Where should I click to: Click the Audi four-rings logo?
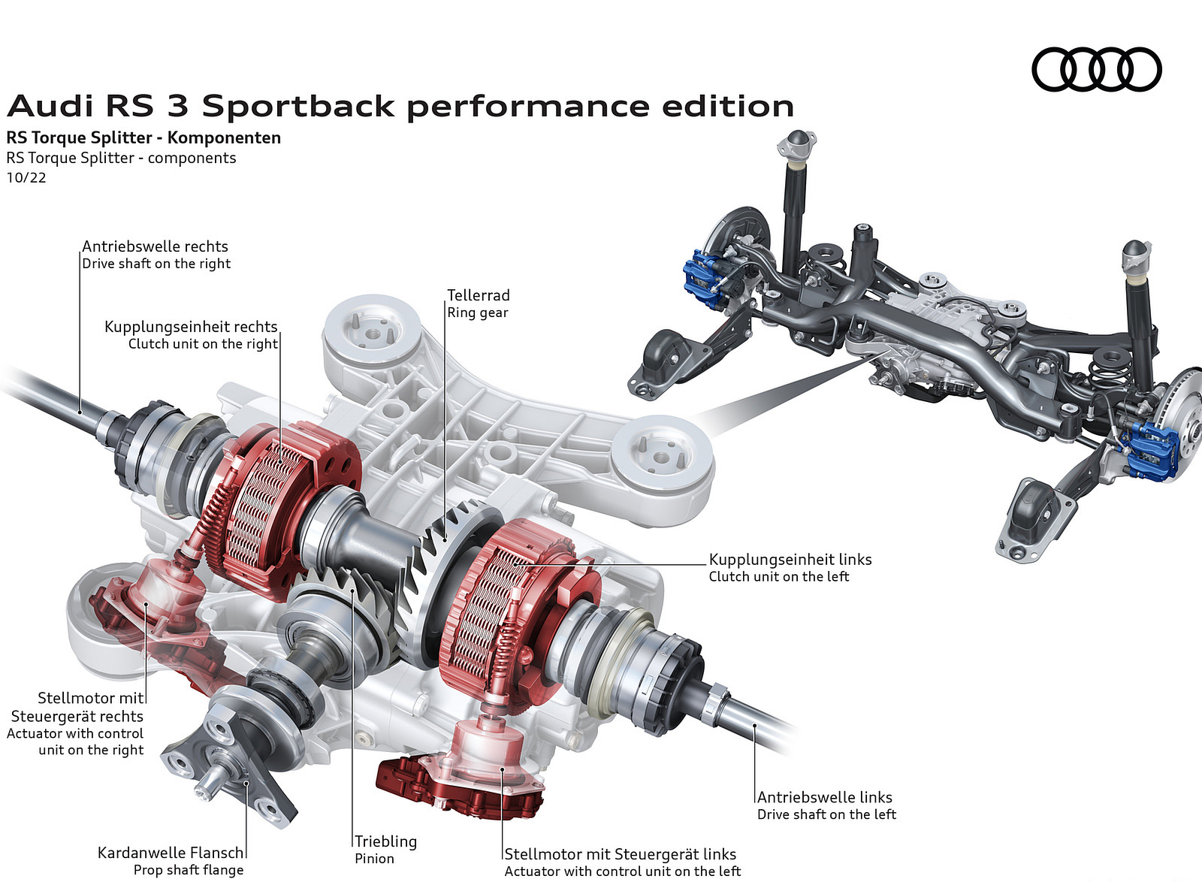1096,70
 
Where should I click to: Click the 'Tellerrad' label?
479,295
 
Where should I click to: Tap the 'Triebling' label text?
385,841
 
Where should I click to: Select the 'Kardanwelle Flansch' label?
171,853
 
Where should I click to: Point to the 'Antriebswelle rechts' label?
155,246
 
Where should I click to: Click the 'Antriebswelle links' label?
824,797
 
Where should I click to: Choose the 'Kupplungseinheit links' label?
790,560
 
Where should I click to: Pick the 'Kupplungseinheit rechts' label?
191,327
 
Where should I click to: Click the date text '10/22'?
26,177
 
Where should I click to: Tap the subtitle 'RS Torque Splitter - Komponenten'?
143,137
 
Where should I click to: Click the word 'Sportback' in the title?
297,106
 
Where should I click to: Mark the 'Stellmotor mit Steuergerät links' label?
620,854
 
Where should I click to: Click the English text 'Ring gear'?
478,313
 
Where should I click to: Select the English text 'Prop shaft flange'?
189,870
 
